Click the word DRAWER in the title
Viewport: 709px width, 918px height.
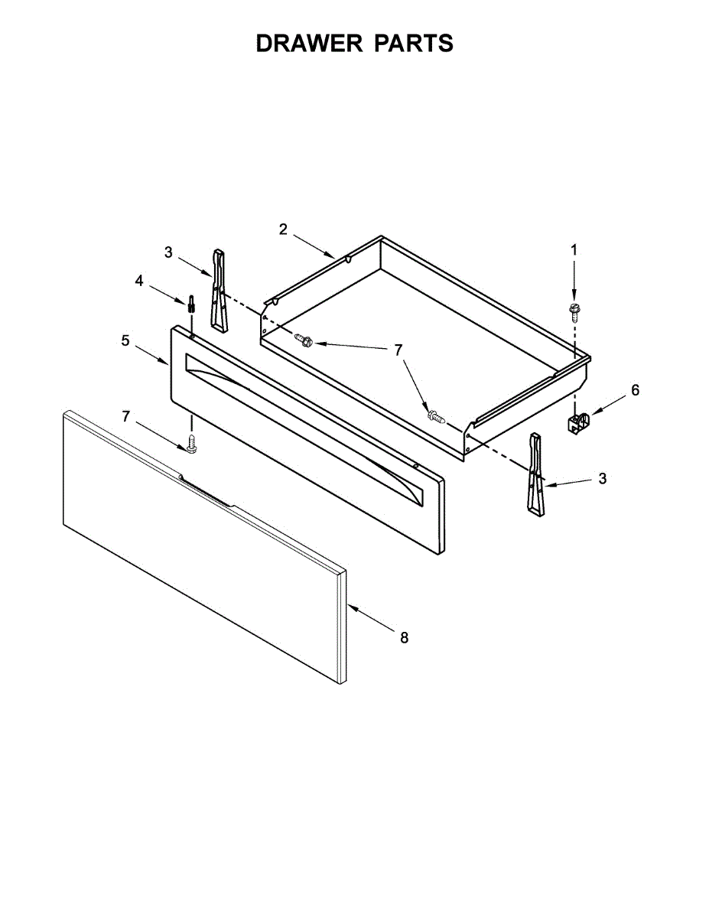coord(310,44)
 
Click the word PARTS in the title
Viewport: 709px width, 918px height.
coord(414,44)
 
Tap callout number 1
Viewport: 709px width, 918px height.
coord(574,249)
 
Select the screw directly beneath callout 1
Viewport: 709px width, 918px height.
coord(573,310)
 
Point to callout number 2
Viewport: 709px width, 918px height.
coord(283,229)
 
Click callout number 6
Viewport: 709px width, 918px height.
coord(635,390)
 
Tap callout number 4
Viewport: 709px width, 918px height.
coord(139,281)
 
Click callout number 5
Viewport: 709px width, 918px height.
coord(125,340)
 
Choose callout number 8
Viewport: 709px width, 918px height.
coord(405,636)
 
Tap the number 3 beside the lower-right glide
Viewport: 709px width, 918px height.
coord(603,478)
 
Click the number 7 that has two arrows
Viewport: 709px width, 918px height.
coord(398,350)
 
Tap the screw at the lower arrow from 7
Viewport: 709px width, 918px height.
coord(437,417)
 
